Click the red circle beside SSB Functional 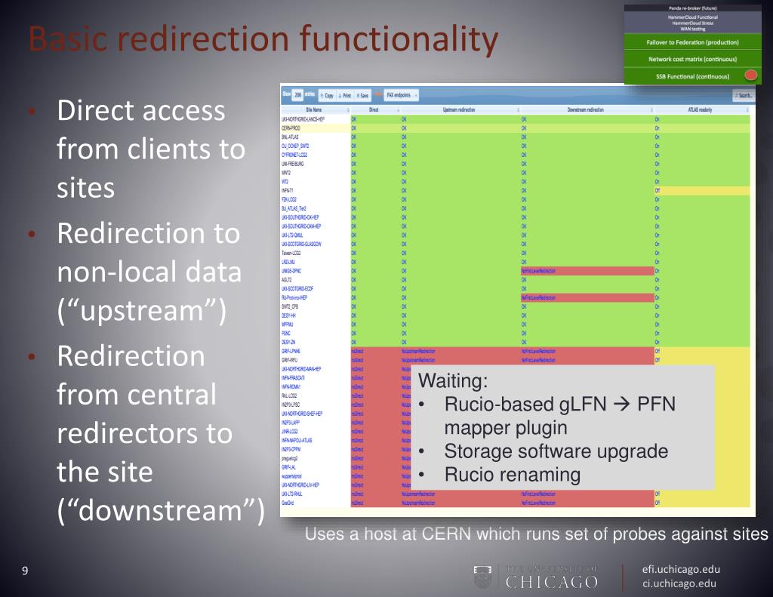(751, 75)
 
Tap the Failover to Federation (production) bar (692, 42)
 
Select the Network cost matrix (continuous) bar (692, 59)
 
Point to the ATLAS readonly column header (701, 110)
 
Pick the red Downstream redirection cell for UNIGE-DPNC (586, 269)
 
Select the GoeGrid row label (288, 501)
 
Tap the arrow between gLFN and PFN (621, 405)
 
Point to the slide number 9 (25, 571)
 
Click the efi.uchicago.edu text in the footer (681, 569)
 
